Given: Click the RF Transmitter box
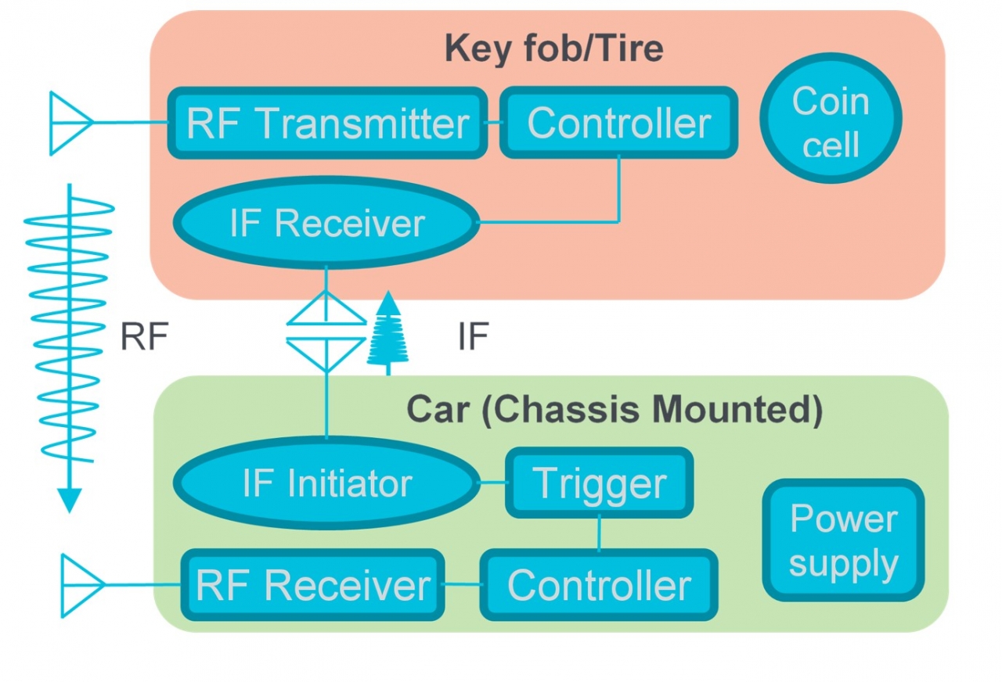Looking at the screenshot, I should (x=327, y=124).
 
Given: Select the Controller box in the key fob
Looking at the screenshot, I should (x=618, y=123).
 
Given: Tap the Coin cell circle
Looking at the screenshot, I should (x=831, y=119).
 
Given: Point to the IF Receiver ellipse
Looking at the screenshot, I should (x=327, y=224).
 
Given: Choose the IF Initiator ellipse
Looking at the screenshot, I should (x=326, y=484).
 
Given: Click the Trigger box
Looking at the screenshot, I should (x=599, y=483).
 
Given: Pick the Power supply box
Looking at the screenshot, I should (x=843, y=540).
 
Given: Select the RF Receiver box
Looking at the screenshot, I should (x=313, y=585).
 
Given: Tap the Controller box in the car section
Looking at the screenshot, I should (x=599, y=585).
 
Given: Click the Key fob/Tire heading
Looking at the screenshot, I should (x=553, y=48).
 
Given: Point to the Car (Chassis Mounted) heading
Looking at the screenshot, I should (x=614, y=411).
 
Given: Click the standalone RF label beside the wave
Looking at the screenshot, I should (x=144, y=337).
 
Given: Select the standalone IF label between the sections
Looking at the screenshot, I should (x=473, y=337).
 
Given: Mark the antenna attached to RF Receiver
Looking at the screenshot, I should (x=81, y=585).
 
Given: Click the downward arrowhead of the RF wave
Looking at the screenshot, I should (x=70, y=501).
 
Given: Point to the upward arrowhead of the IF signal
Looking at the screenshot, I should (x=387, y=302).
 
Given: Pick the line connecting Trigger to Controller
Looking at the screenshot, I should (x=600, y=534).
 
